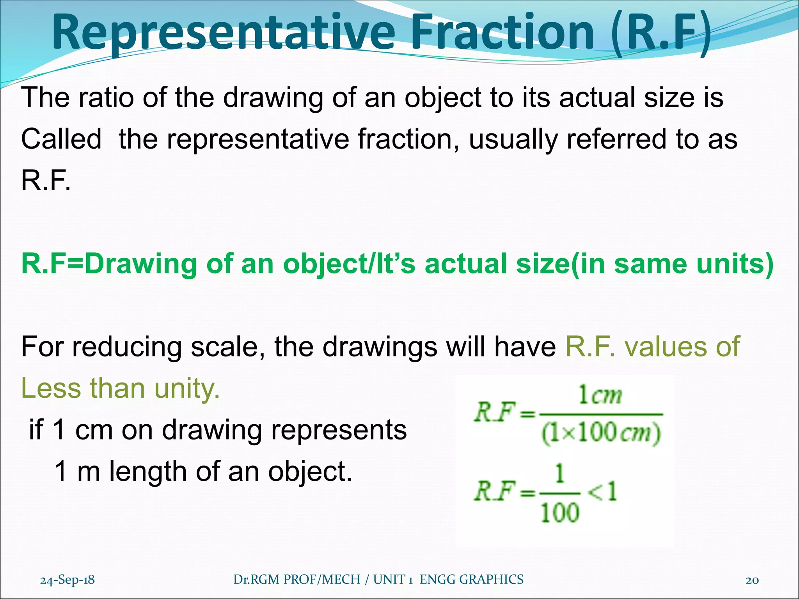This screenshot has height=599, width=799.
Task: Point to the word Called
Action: pyautogui.click(x=61, y=139)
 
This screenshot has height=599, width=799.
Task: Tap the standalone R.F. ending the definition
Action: pyautogui.click(x=46, y=181)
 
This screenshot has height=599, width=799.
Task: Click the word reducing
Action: pyautogui.click(x=127, y=347)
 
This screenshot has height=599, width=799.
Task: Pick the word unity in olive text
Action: pyautogui.click(x=187, y=388)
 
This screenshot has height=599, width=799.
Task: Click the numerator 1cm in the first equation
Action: pyautogui.click(x=600, y=396)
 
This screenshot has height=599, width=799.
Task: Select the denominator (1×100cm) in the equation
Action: pyautogui.click(x=601, y=433)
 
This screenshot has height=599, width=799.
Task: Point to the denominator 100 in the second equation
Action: pyautogui.click(x=559, y=512)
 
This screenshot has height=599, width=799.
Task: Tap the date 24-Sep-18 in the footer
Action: pyautogui.click(x=67, y=580)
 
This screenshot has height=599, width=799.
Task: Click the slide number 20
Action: pyautogui.click(x=752, y=580)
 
